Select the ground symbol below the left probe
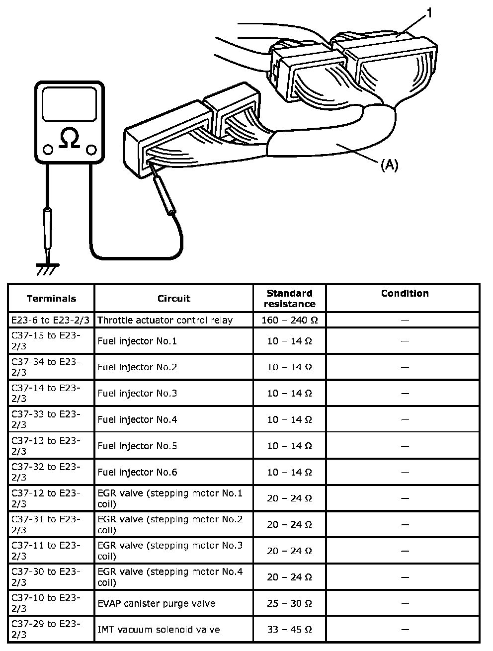click(47, 268)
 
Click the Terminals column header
click(51, 299)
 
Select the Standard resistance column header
click(290, 299)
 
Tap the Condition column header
click(405, 294)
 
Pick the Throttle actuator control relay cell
click(165, 320)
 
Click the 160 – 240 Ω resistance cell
click(290, 320)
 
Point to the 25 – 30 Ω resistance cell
click(290, 604)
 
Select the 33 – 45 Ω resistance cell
click(290, 630)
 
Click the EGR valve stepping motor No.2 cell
click(170, 525)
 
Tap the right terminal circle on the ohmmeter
click(91, 149)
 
